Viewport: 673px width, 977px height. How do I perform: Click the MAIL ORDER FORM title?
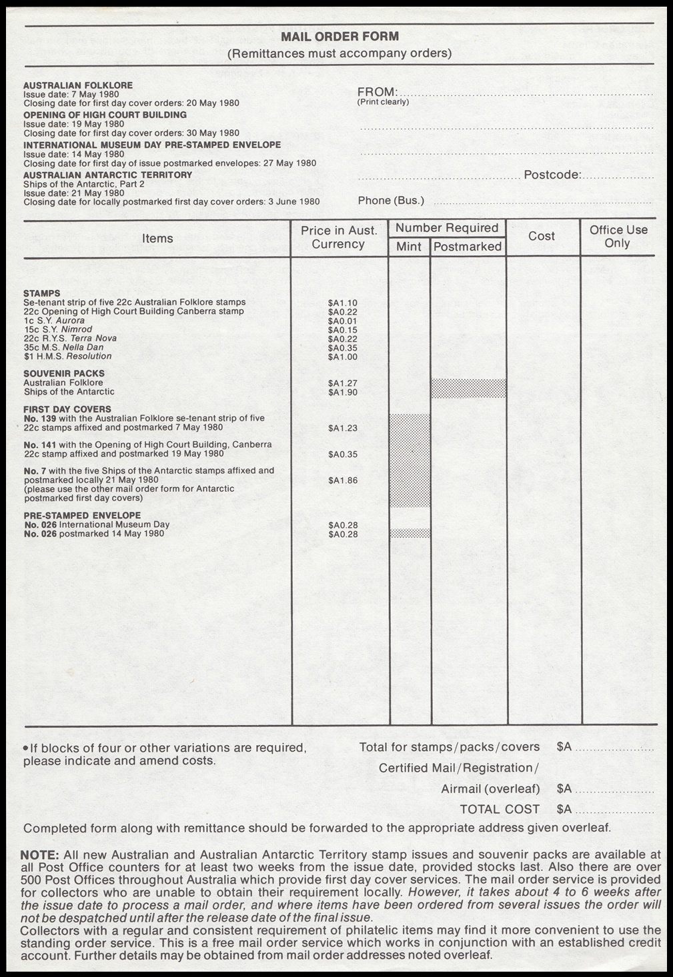click(x=340, y=37)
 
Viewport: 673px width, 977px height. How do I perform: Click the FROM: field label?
click(x=378, y=92)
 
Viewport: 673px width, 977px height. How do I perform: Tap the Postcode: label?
click(x=552, y=175)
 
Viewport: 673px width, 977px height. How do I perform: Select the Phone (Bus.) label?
click(x=391, y=201)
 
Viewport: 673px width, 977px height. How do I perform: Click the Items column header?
click(x=157, y=239)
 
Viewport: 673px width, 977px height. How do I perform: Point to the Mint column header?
click(x=409, y=247)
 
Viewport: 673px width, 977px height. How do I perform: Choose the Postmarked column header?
click(x=468, y=247)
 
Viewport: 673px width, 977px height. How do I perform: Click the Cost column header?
click(x=542, y=236)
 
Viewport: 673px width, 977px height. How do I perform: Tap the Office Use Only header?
click(x=618, y=237)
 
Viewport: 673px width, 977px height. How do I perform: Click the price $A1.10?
click(x=343, y=303)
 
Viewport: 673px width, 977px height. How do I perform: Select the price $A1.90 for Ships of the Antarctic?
click(x=343, y=393)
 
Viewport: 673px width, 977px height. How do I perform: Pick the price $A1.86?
click(x=343, y=480)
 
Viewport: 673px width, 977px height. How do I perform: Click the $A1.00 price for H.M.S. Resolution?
click(x=343, y=357)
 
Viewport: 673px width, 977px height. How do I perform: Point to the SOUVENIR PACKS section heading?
click(x=64, y=374)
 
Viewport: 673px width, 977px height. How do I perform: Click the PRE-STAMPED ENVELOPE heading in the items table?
click(x=82, y=515)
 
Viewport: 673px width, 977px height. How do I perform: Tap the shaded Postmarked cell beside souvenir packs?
click(x=468, y=389)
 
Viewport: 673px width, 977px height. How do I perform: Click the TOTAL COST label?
click(x=500, y=809)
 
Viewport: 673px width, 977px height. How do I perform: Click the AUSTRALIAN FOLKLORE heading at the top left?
click(x=78, y=85)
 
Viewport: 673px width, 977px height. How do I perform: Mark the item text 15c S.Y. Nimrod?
click(x=58, y=329)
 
